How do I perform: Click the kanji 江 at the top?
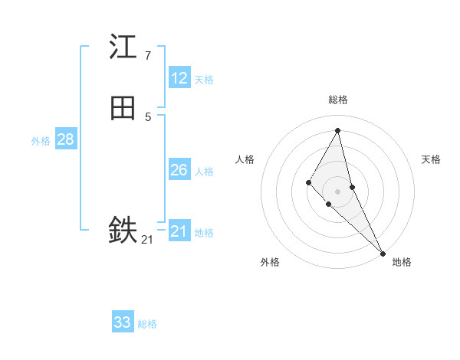pos(123,47)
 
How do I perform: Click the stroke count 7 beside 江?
pos(147,55)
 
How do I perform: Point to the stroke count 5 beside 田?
pos(147,116)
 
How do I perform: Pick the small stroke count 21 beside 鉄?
pos(147,240)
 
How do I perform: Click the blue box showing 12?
pos(179,78)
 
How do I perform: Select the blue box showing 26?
pos(179,170)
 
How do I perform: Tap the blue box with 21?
pos(179,231)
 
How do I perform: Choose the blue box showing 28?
pos(65,139)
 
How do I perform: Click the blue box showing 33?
pos(123,322)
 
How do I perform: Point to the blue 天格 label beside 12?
pos(204,80)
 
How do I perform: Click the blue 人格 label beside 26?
pos(204,172)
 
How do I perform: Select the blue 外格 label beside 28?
pos(41,141)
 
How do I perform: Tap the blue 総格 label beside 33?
pos(147,324)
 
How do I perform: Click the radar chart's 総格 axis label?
pos(338,100)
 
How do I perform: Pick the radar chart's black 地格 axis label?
pos(402,262)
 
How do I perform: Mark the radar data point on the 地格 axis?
pos(382,252)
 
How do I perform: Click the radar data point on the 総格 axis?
pos(338,129)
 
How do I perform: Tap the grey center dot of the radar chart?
pos(338,191)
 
